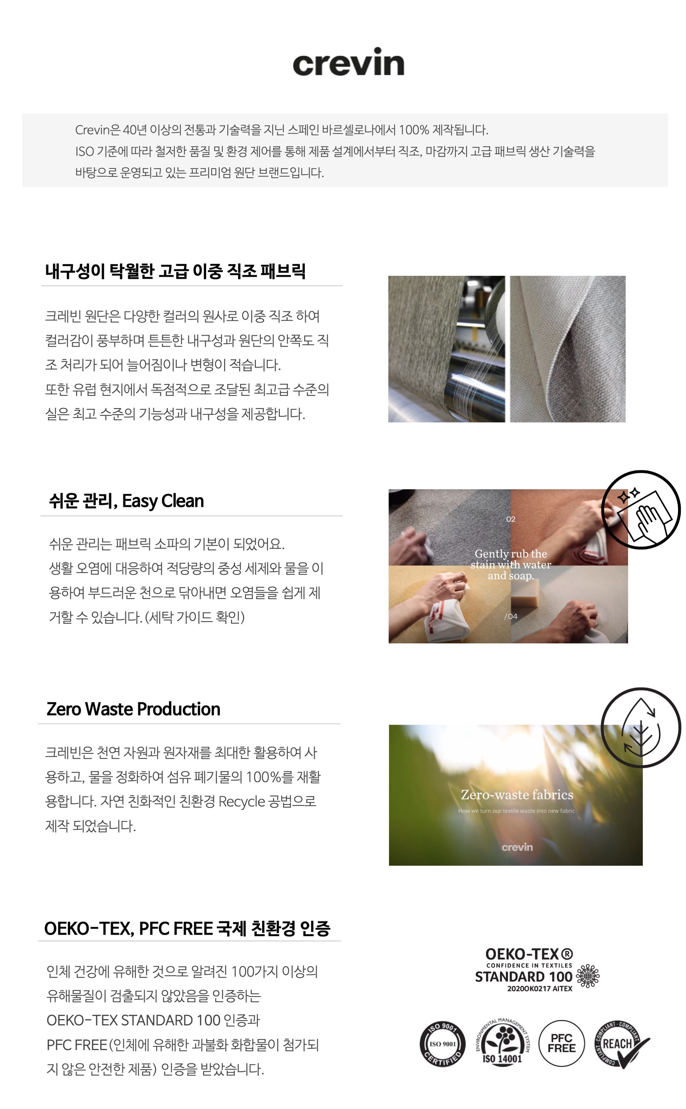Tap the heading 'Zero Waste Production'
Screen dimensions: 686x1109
tap(133, 709)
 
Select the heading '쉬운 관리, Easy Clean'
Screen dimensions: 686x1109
tap(126, 501)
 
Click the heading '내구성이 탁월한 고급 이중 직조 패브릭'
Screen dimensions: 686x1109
tap(175, 271)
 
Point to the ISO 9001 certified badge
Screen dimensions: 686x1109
tap(442, 1044)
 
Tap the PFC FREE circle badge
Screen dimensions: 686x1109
tap(561, 1043)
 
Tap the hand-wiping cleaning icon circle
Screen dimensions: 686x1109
tap(641, 510)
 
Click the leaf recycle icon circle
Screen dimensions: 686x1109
tap(641, 727)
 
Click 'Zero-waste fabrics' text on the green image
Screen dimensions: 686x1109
tap(517, 795)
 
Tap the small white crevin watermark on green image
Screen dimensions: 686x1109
tap(517, 847)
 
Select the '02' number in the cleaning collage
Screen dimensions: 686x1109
tap(511, 519)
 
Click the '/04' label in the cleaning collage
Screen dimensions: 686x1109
tap(511, 616)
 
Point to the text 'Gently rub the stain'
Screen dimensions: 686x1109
tap(510, 559)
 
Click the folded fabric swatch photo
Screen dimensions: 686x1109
tap(568, 349)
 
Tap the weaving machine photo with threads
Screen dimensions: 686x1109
tap(447, 349)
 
